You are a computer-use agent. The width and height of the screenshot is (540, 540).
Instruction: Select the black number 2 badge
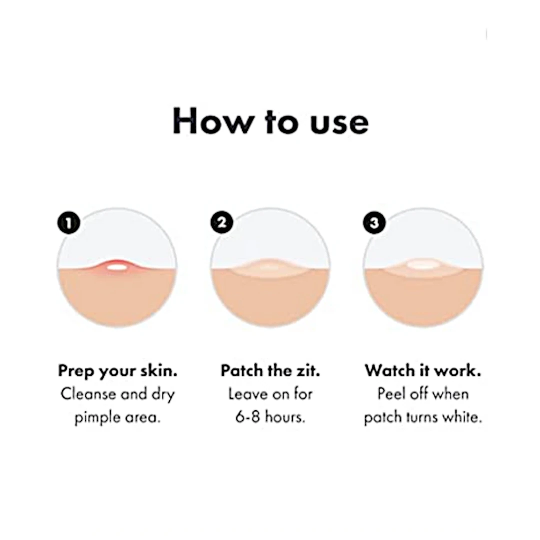[x=221, y=222]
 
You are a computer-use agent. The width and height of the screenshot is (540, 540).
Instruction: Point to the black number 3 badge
[x=374, y=222]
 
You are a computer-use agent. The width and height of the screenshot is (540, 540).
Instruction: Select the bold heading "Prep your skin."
[x=117, y=371]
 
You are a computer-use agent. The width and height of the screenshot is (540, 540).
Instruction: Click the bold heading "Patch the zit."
[x=270, y=371]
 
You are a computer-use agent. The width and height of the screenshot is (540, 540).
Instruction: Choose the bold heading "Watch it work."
[x=423, y=371]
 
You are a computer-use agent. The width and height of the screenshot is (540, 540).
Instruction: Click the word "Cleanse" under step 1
[x=88, y=394]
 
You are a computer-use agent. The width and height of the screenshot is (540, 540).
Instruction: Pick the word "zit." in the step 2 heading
[x=307, y=371]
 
